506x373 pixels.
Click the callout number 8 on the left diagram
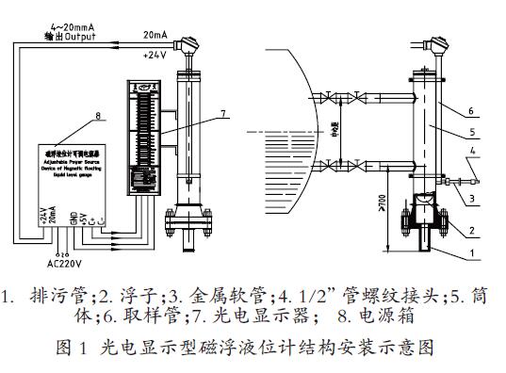coord(97,117)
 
